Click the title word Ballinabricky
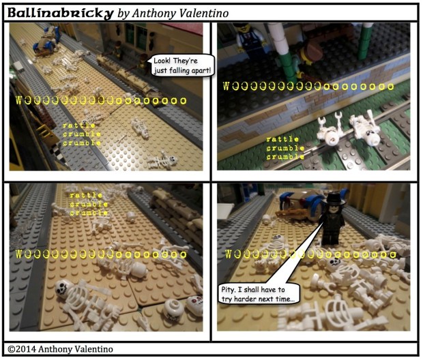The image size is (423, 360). tap(60, 13)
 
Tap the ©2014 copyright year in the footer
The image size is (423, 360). tap(22, 349)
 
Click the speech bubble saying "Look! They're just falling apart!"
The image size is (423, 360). tap(182, 65)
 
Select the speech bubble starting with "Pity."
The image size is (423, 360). tap(258, 294)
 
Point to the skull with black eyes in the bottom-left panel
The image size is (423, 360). tap(64, 289)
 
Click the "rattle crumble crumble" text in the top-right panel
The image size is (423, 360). tap(285, 148)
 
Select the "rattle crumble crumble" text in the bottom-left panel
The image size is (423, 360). tap(89, 204)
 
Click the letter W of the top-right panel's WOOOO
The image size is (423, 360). tap(227, 87)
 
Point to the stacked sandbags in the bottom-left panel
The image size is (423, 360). tap(177, 213)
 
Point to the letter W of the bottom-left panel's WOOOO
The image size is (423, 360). tap(19, 254)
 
